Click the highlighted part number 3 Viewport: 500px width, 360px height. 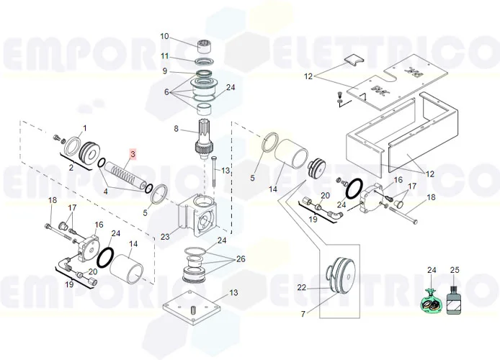click(133, 154)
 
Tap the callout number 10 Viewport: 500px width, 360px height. click(164, 36)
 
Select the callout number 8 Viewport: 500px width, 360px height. click(177, 129)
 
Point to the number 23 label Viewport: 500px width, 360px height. click(165, 237)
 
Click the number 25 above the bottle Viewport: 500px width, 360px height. click(455, 270)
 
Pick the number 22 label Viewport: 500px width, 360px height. click(302, 288)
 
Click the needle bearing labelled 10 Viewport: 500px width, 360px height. click(205, 47)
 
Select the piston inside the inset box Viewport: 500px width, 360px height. click(341, 275)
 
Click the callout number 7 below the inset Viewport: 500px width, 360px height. click(303, 314)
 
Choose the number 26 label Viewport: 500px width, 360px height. click(241, 259)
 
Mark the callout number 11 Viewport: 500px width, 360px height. click(164, 56)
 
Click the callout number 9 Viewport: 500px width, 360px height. click(165, 71)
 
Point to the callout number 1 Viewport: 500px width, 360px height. click(85, 128)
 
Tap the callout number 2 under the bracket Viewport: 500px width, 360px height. click(71, 167)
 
